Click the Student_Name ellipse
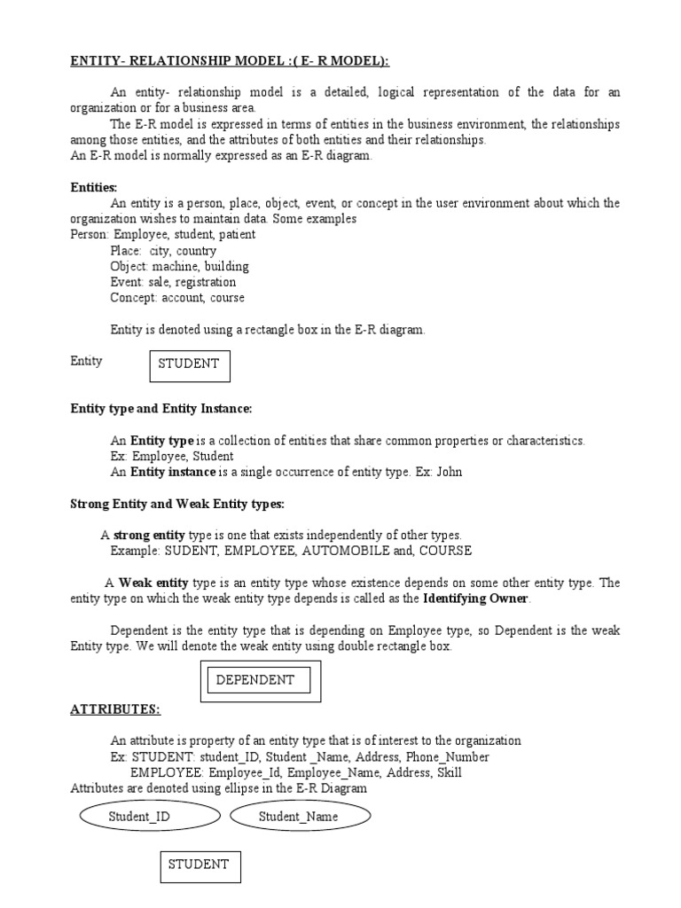click(x=298, y=817)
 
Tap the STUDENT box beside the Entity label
click(x=189, y=364)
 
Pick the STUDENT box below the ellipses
click(x=199, y=865)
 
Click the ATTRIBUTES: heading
click(x=115, y=710)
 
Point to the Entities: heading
click(x=94, y=187)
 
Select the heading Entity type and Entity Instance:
click(x=161, y=409)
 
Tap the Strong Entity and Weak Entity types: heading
click(x=177, y=505)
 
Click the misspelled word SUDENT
click(x=189, y=551)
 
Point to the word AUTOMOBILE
click(x=340, y=551)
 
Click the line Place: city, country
click(x=163, y=251)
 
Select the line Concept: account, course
click(x=177, y=298)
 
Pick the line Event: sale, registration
click(x=173, y=282)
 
